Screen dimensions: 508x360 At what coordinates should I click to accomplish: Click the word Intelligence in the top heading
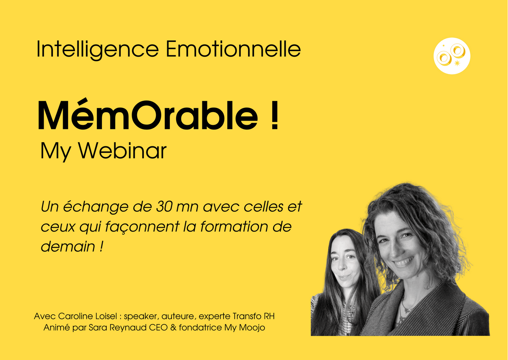(x=97, y=49)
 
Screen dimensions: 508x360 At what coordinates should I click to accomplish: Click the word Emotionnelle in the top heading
(x=233, y=49)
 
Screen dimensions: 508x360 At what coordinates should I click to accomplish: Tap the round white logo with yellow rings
(x=452, y=56)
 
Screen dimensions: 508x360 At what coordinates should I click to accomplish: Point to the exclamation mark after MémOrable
(x=275, y=115)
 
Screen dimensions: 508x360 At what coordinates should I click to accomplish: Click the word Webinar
(x=122, y=151)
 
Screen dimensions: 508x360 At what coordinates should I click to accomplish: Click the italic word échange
(x=96, y=207)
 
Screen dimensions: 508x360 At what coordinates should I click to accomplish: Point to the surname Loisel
(x=107, y=316)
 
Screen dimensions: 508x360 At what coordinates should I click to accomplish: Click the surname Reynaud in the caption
(x=129, y=328)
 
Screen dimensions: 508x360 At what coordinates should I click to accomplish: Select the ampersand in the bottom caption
(x=173, y=327)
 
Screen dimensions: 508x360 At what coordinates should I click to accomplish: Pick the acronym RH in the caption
(x=269, y=316)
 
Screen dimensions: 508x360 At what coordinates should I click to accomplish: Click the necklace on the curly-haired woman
(x=406, y=310)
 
